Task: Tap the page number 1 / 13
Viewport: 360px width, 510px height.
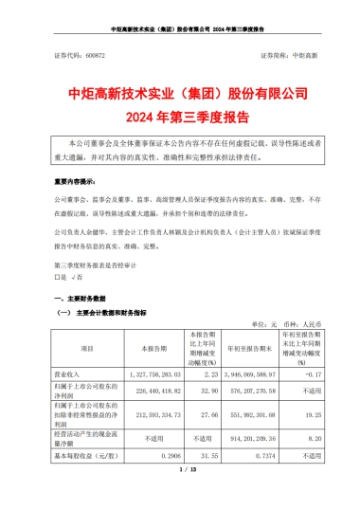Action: [180, 494]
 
